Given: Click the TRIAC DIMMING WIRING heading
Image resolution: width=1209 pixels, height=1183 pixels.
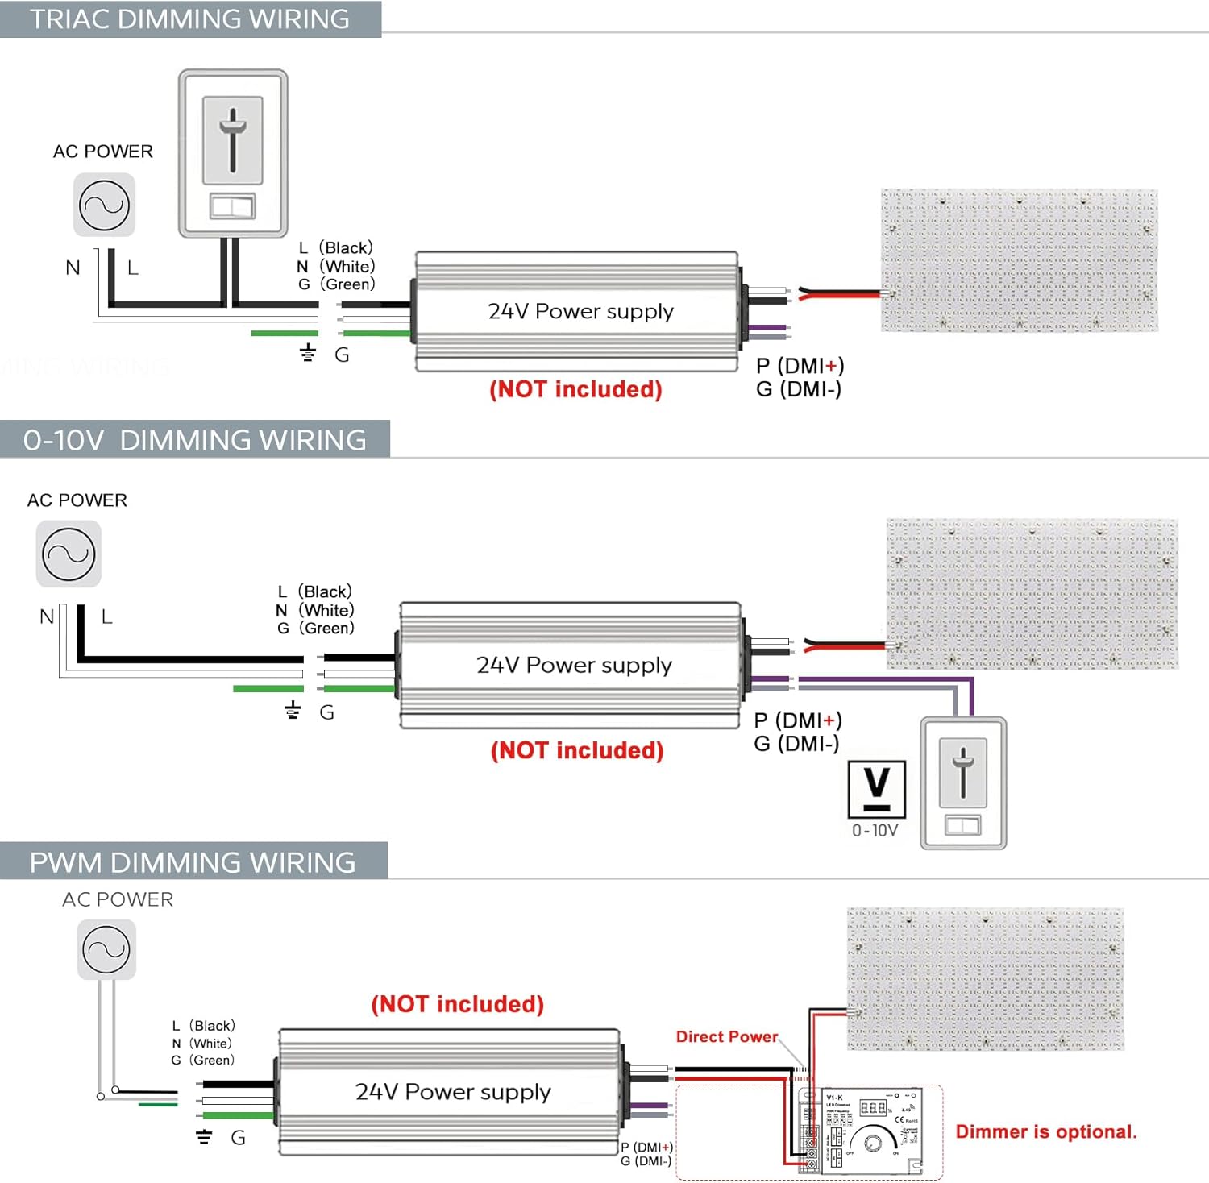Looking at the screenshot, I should (x=189, y=19).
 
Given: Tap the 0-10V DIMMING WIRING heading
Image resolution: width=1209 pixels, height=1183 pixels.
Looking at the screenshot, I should (x=194, y=440).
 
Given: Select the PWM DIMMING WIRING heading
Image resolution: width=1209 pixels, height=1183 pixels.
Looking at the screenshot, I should (x=192, y=862).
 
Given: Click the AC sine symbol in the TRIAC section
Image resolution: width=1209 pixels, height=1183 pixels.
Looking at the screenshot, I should (x=104, y=205).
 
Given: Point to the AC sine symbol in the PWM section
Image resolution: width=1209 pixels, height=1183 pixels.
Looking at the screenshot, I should (x=106, y=951).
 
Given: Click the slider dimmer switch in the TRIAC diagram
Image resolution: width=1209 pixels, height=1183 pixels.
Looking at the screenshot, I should (x=233, y=153).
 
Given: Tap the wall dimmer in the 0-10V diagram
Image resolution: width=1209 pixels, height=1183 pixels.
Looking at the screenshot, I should (x=963, y=782).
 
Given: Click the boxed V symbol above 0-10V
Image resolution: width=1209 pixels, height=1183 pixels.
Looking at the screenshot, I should (x=876, y=789).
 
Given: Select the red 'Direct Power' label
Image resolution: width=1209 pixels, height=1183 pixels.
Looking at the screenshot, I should (x=727, y=1037).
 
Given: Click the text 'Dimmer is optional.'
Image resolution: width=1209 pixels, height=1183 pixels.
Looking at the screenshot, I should (x=1046, y=1132).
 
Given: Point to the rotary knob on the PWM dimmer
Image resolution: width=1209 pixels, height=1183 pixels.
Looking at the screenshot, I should (x=873, y=1144).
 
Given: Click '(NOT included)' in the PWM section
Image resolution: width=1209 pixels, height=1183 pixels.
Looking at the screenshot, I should (x=457, y=1004).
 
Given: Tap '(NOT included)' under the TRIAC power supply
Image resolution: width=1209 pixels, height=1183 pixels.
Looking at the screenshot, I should (x=575, y=389).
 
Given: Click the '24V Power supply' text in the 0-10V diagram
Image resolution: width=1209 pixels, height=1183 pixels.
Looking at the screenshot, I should (x=574, y=665).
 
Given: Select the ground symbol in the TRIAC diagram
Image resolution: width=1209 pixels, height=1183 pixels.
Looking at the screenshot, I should (x=307, y=352).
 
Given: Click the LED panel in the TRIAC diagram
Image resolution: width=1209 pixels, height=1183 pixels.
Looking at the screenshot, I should (x=1019, y=260).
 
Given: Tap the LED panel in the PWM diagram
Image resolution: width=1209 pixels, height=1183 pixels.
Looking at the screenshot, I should (x=985, y=978).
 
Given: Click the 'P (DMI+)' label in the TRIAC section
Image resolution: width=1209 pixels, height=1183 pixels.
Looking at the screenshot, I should (x=800, y=366).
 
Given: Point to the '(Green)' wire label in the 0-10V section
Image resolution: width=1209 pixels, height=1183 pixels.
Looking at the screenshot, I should (x=327, y=629).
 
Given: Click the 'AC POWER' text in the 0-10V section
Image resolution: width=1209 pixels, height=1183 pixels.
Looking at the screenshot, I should (x=77, y=500).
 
